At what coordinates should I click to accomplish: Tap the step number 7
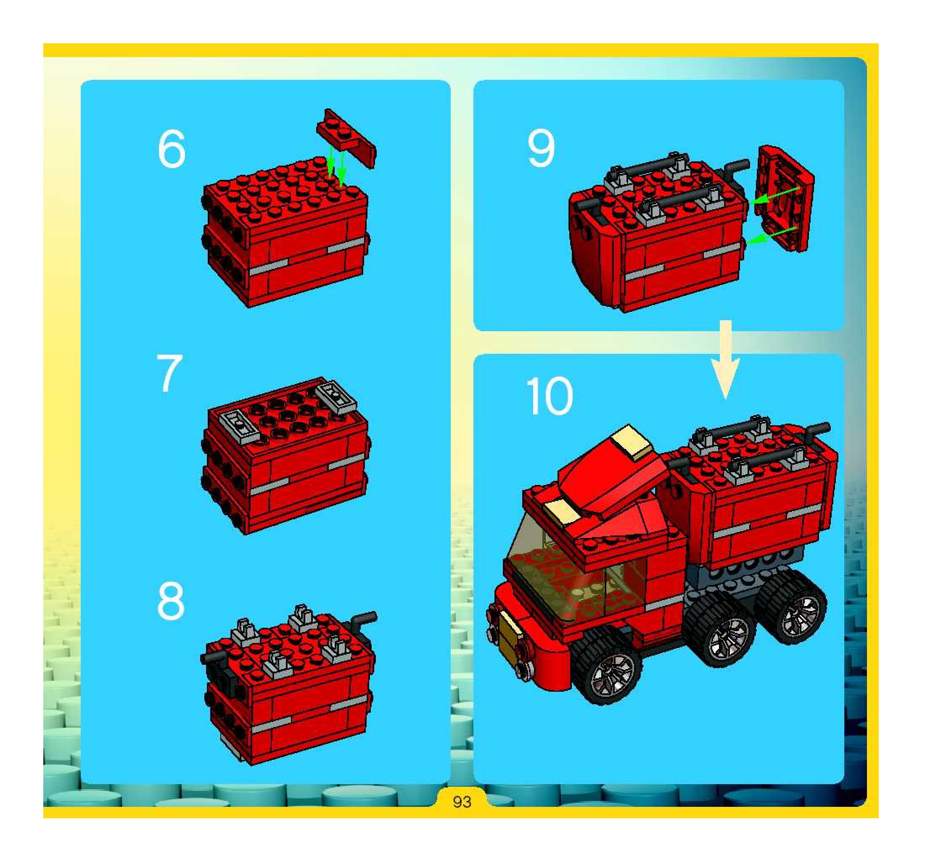click(169, 374)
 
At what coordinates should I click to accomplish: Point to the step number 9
click(541, 148)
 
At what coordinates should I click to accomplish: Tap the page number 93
click(462, 802)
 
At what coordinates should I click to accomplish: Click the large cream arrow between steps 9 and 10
click(725, 359)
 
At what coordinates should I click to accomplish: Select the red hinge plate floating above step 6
click(346, 138)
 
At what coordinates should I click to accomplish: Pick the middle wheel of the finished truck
click(721, 631)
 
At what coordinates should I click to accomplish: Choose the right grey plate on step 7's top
click(336, 397)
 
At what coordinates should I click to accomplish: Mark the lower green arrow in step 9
click(772, 235)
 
